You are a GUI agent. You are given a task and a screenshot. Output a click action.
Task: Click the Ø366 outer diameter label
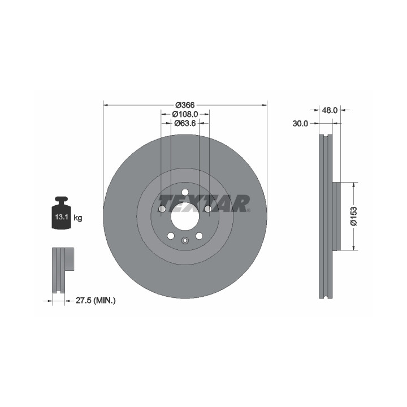coord(185,105)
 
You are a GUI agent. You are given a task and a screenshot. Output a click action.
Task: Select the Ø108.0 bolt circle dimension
coord(185,114)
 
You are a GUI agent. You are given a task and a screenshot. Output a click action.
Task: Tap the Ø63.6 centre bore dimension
coord(185,123)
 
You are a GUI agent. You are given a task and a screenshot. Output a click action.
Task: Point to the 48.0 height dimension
coord(330,110)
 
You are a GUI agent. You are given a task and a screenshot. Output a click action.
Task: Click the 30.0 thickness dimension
coord(300,124)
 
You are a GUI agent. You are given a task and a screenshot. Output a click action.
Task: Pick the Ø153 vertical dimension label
coord(353,216)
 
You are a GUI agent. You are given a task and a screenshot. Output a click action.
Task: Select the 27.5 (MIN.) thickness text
coord(96,301)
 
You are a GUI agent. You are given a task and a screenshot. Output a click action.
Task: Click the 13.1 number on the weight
coord(62,217)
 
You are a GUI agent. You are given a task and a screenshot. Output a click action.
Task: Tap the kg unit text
coord(78,218)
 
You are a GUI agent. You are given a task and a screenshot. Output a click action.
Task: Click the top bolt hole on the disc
coord(185,192)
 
